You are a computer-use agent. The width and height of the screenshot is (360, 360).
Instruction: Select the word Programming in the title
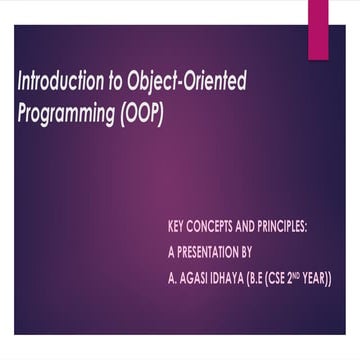click(x=65, y=111)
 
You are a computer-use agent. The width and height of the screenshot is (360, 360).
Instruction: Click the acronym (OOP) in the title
click(x=140, y=111)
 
